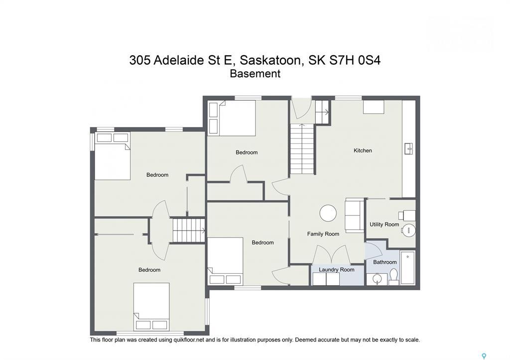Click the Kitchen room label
click(x=363, y=150)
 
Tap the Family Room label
click(x=323, y=234)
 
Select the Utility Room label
click(x=384, y=225)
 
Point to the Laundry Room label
click(x=337, y=270)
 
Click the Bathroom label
click(x=385, y=262)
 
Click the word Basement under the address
click(x=255, y=74)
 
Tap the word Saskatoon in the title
click(x=271, y=60)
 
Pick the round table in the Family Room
click(x=328, y=213)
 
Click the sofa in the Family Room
click(x=355, y=215)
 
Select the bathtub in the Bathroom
click(x=407, y=268)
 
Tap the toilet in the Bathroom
click(x=393, y=275)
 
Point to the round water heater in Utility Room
click(x=408, y=230)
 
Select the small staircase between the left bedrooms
click(x=189, y=231)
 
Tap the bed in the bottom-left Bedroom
click(x=151, y=305)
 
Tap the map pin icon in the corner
click(x=484, y=356)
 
